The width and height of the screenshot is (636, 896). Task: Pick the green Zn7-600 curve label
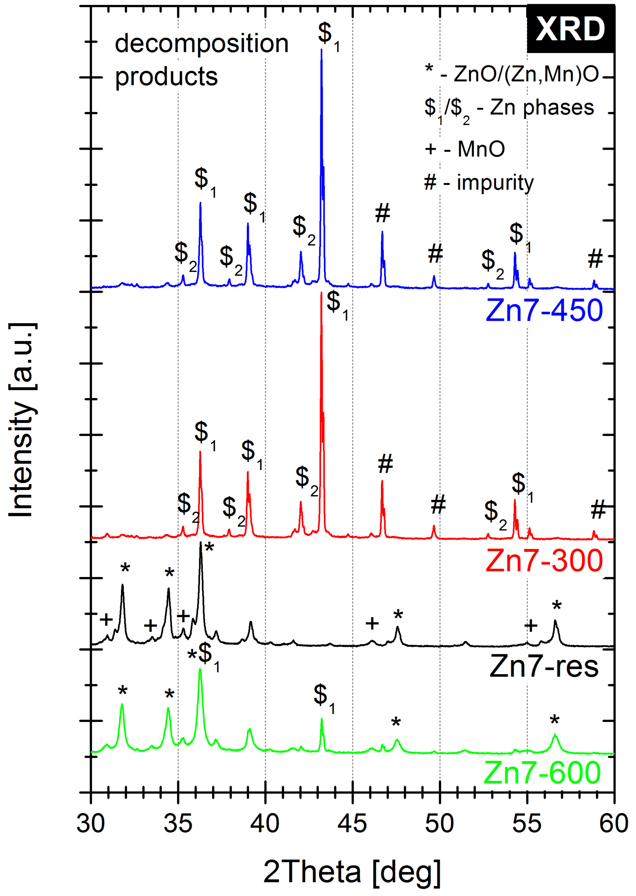point(542,772)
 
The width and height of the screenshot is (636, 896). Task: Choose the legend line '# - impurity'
point(478,183)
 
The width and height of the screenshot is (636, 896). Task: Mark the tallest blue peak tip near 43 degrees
point(321,49)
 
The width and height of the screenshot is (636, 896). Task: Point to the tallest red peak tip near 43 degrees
point(321,293)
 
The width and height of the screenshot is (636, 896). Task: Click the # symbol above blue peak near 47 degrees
point(383,214)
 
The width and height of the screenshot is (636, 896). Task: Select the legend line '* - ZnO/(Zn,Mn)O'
point(512,74)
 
